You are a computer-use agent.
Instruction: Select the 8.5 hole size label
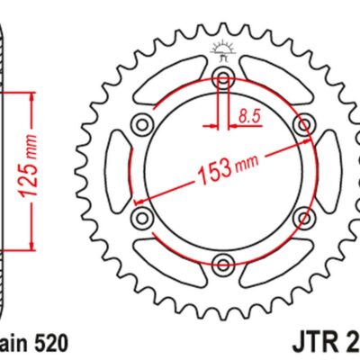click(251, 115)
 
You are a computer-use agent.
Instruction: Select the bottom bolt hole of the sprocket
click(223, 265)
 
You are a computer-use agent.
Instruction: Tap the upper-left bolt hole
click(140, 122)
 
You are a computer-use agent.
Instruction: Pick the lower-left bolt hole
click(140, 217)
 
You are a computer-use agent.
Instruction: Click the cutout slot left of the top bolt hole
click(171, 81)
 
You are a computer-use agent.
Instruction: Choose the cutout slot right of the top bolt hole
click(275, 81)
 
